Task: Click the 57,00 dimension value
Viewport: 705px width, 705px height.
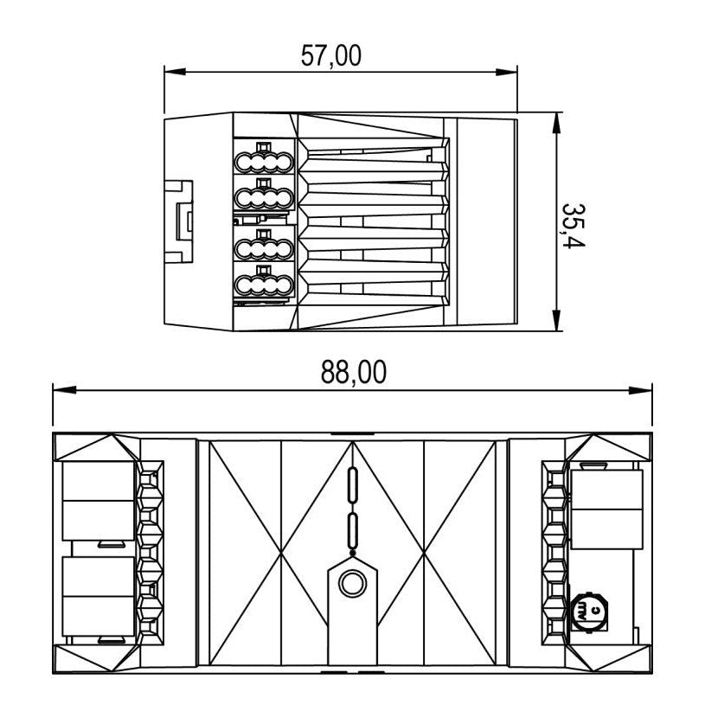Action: coord(331,56)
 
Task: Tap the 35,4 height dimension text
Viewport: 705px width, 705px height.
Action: coord(574,226)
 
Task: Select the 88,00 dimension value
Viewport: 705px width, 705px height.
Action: coord(354,372)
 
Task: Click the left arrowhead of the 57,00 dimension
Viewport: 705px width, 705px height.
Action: coord(175,72)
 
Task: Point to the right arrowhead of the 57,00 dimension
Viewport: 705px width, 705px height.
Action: coord(507,72)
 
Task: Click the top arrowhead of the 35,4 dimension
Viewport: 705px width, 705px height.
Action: coord(556,123)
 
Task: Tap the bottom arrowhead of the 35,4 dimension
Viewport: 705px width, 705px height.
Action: coord(556,320)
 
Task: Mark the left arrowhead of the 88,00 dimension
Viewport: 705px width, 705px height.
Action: coord(64,390)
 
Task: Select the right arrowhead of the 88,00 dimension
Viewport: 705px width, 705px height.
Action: coord(641,390)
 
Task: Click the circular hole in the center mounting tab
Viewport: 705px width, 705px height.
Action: coord(353,584)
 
